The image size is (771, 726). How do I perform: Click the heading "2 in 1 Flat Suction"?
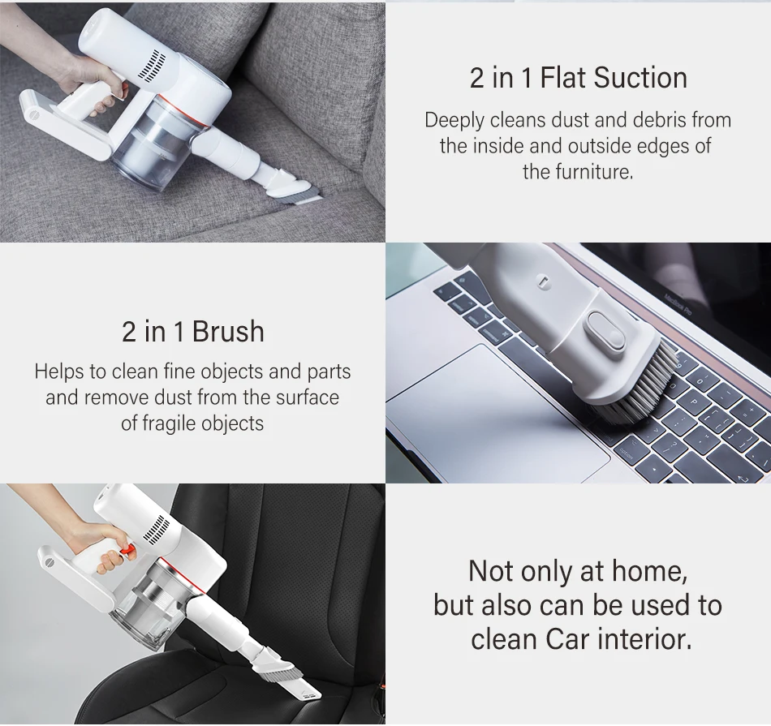[x=578, y=78]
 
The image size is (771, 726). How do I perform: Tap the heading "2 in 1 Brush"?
[x=193, y=331]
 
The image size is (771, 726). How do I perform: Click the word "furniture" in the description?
[x=592, y=172]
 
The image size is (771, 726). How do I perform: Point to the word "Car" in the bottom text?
[x=566, y=639]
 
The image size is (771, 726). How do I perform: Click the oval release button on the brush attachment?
[x=605, y=331]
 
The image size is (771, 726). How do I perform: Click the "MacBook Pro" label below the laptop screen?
[x=678, y=303]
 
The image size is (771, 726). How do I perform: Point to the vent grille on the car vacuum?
[x=157, y=531]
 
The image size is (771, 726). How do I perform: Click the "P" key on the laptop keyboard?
[x=694, y=401]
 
